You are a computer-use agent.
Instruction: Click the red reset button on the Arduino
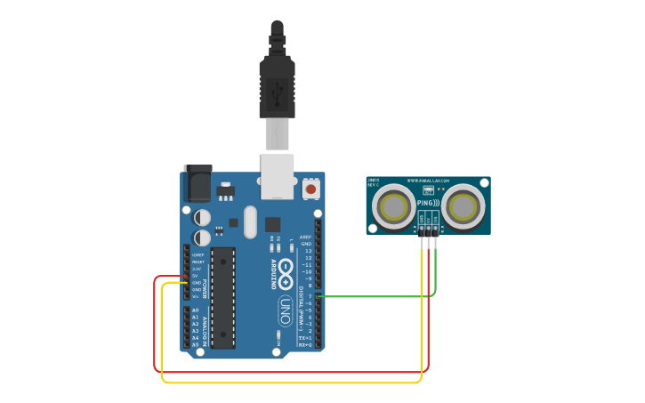310,189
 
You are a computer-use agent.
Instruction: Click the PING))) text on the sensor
428,203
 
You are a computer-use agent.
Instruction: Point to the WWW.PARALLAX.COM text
428,181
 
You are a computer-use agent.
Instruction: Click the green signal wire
374,296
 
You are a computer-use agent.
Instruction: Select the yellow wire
294,383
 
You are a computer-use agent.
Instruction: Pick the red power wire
294,372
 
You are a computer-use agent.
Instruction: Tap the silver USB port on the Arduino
277,175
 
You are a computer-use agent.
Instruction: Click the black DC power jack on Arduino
197,184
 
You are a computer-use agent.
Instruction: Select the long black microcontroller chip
222,297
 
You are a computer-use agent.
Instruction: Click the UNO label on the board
286,310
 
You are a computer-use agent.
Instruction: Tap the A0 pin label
195,310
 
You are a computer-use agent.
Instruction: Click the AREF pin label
305,238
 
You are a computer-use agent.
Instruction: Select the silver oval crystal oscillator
249,222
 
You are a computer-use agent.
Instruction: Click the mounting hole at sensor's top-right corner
485,181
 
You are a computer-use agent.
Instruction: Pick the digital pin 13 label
308,251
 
